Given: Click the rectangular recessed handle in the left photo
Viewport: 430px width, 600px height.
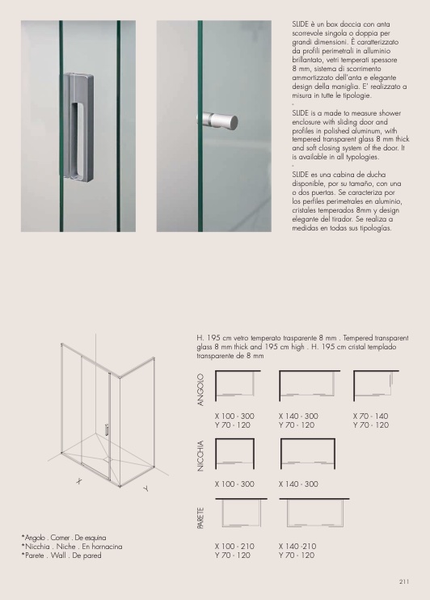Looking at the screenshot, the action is pyautogui.click(x=78, y=126).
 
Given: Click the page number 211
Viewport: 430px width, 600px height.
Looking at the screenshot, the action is pyautogui.click(x=404, y=581).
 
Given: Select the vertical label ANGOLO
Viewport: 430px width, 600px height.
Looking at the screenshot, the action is pyautogui.click(x=200, y=390).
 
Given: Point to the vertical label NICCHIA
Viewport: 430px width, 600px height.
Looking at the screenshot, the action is pyautogui.click(x=200, y=456).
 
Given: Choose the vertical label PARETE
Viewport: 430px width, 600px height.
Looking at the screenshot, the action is pyautogui.click(x=200, y=518).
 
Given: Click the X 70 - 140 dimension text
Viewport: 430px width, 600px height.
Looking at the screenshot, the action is pyautogui.click(x=370, y=416).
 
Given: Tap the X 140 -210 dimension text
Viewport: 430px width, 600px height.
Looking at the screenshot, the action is pyautogui.click(x=297, y=546).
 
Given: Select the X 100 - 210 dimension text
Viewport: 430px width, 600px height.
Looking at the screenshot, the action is pyautogui.click(x=234, y=546).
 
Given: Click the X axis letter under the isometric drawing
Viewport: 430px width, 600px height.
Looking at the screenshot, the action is pyautogui.click(x=79, y=481).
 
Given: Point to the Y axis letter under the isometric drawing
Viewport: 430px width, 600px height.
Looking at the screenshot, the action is pyautogui.click(x=145, y=488).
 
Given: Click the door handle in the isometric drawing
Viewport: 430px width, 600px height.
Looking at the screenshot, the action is pyautogui.click(x=107, y=429).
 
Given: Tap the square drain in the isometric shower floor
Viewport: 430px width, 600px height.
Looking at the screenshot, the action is pyautogui.click(x=107, y=457).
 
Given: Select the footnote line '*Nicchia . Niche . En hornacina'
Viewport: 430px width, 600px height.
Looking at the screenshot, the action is pyautogui.click(x=72, y=547).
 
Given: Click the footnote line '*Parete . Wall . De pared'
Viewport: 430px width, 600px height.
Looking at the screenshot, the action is pyautogui.click(x=61, y=556).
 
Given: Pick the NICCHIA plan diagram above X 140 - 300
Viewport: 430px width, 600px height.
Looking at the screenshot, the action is pyautogui.click(x=308, y=454).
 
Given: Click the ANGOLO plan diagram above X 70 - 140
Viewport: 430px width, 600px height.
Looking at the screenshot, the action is pyautogui.click(x=376, y=386).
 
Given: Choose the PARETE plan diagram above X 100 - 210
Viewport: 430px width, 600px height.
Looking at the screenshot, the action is pyautogui.click(x=241, y=513).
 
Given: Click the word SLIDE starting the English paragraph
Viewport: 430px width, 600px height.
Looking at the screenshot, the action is pyautogui.click(x=301, y=113).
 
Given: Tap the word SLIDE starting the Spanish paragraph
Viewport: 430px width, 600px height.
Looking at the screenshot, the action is pyautogui.click(x=301, y=175).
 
